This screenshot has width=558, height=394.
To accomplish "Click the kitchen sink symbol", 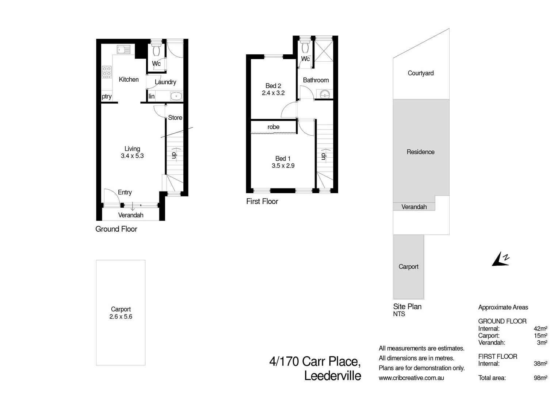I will (123, 50).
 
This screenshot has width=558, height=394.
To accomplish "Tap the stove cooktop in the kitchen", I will (107, 72).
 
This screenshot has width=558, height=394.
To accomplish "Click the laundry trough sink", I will (176, 96).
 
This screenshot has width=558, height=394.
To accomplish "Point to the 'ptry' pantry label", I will (107, 97).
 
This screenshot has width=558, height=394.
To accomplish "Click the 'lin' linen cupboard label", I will (152, 97).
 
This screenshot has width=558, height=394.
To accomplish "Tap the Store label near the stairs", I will (175, 117).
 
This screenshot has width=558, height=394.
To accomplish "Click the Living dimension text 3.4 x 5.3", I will (132, 156).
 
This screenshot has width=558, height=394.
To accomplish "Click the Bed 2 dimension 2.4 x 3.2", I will (273, 93).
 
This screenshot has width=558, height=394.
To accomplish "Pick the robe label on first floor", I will (273, 127).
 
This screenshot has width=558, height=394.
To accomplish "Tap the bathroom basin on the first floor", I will (325, 94).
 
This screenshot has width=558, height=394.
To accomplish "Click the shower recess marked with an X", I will (324, 52).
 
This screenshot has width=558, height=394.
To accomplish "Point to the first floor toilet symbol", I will (305, 47).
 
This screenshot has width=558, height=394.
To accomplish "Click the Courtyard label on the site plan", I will (421, 73).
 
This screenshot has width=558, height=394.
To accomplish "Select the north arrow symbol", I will (500, 259).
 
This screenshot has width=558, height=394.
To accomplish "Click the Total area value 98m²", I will (540, 378).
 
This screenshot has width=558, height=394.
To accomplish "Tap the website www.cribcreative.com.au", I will (411, 378).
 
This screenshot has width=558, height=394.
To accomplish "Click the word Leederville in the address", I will (332, 376).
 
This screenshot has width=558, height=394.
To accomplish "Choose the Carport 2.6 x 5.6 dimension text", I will (121, 317).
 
